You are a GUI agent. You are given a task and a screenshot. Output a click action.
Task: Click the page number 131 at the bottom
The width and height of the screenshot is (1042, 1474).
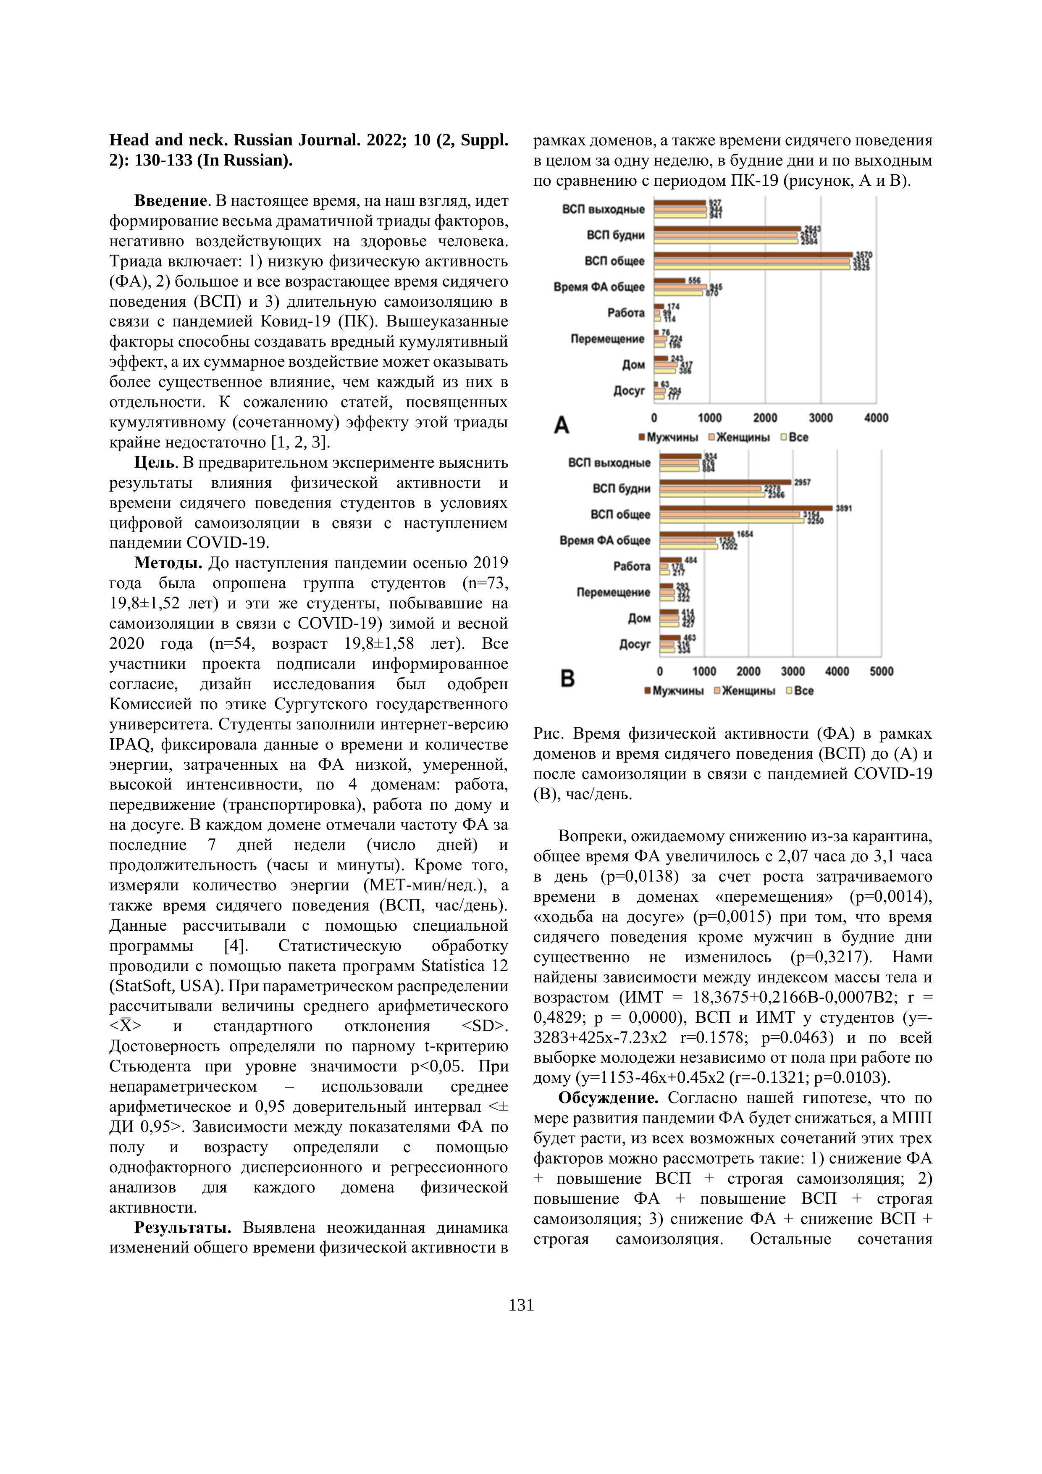521,1305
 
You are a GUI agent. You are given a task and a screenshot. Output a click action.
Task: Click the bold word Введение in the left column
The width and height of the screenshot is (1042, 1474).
170,201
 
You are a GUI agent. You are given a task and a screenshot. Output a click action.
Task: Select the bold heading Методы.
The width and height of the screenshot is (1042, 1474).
168,563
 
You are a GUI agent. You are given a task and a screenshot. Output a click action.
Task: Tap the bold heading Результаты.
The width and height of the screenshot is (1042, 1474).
182,1227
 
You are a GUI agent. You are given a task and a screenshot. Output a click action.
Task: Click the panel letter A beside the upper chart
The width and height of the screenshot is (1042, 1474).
562,425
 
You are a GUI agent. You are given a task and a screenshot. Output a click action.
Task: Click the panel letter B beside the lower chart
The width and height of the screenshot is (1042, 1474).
567,679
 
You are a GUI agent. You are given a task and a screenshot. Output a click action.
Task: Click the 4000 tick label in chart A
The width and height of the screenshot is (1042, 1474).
876,418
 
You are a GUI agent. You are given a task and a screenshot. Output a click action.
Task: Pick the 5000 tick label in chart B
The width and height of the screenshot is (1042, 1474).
881,671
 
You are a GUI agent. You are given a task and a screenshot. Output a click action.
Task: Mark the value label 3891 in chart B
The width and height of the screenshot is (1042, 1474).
843,508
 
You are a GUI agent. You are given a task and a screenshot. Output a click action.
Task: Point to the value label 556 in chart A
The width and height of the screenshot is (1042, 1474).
694,281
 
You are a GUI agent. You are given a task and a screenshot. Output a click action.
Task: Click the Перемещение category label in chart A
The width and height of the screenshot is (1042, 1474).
607,339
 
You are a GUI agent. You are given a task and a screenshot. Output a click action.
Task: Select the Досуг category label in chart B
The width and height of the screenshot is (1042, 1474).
635,644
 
